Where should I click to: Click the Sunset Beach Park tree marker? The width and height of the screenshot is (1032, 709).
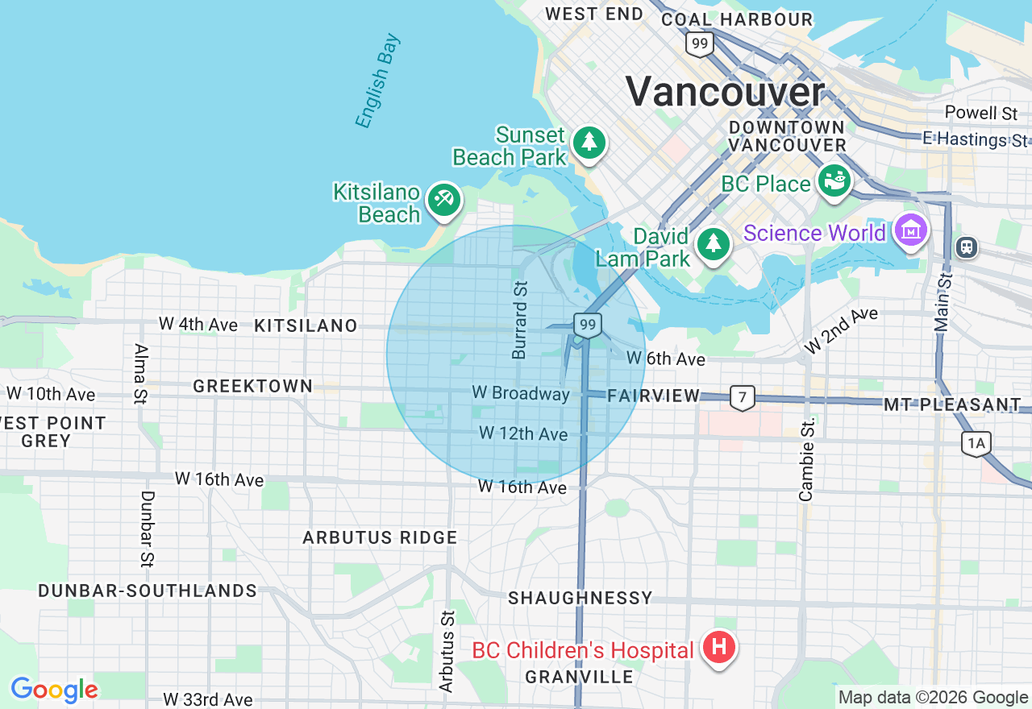589,143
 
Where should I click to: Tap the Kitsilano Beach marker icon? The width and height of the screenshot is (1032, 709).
443,199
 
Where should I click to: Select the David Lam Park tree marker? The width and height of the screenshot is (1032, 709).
713,244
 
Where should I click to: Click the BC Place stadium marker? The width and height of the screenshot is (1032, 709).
835,180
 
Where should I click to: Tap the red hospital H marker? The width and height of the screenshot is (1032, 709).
718,647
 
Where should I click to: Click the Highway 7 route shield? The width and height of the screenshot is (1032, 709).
743,397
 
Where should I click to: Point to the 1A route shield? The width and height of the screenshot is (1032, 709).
976,442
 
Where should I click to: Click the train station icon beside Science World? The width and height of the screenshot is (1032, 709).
966,247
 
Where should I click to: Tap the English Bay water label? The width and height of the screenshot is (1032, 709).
377,81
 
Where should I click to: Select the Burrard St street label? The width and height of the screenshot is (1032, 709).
520,319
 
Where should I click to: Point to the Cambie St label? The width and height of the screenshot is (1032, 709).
807,460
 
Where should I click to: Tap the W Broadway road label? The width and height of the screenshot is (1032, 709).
521,394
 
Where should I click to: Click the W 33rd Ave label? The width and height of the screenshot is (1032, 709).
207,699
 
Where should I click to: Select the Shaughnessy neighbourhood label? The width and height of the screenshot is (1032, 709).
580,598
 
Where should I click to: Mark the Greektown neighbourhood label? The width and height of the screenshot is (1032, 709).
253,387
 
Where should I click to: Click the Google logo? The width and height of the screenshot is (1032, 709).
54,690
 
